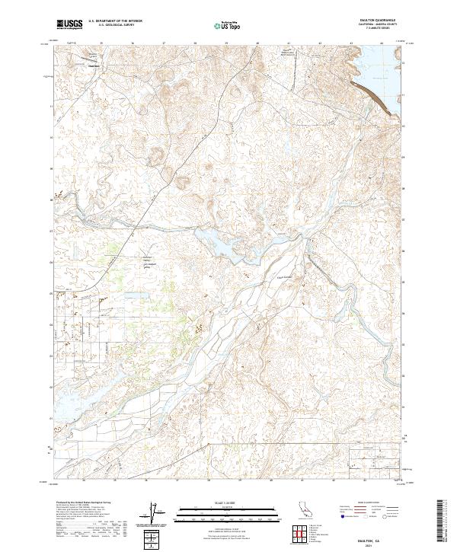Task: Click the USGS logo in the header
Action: (69, 25)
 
